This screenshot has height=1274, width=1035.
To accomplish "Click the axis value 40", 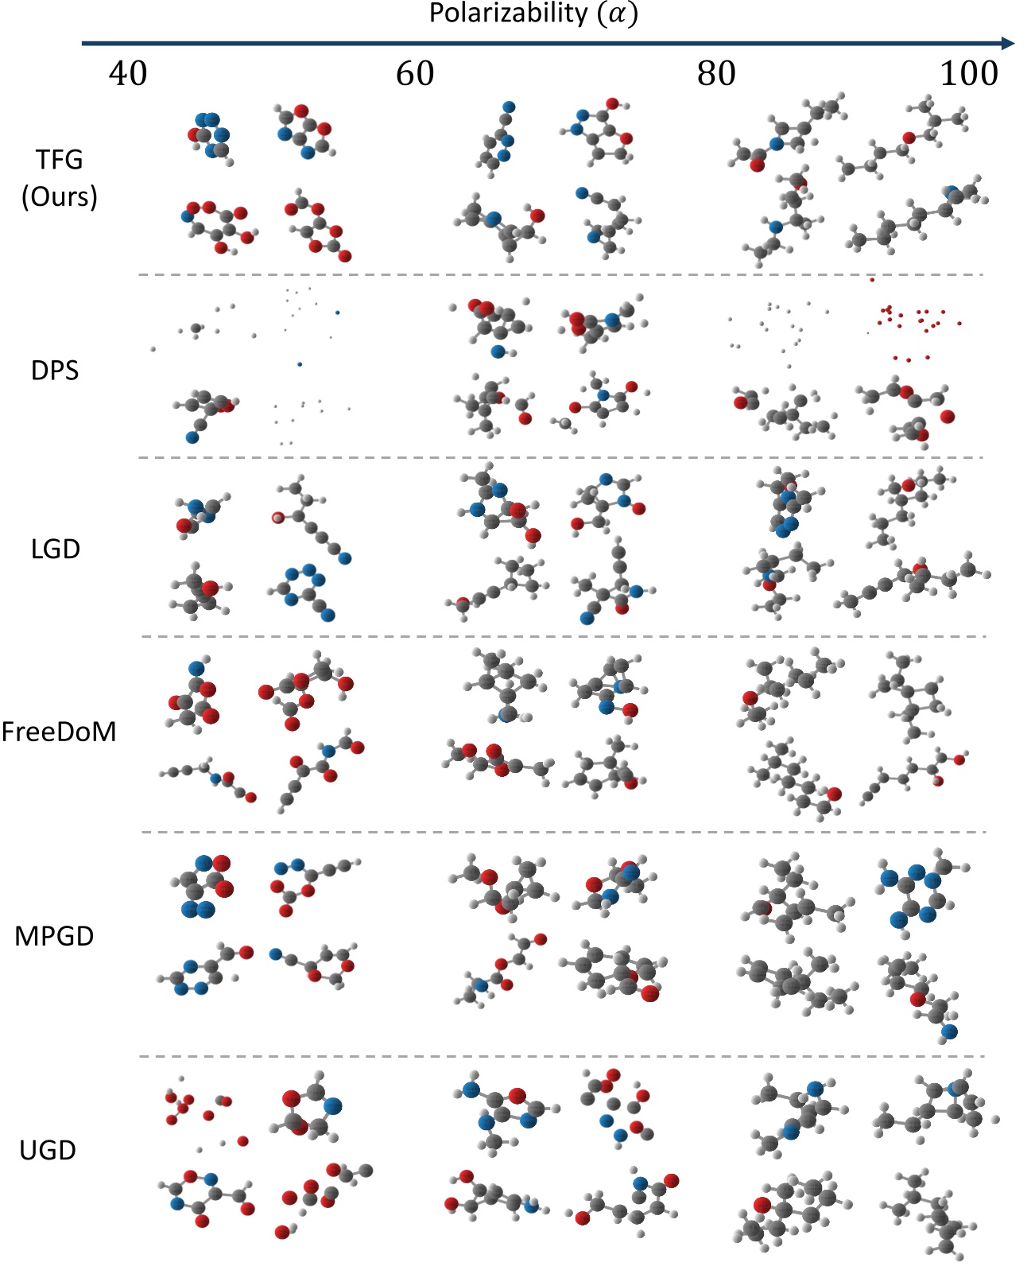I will [128, 74].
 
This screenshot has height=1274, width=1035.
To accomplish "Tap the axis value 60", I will [415, 74].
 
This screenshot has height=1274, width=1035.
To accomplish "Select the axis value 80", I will [716, 74].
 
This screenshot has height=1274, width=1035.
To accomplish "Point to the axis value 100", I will [969, 74].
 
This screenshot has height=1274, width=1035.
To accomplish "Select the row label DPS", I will [55, 371].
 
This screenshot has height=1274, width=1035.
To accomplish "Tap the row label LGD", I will [56, 549].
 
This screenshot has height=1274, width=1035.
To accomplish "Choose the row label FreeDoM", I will [59, 732].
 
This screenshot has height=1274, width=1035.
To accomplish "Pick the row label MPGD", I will [54, 936].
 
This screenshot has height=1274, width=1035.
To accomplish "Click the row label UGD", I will [48, 1150].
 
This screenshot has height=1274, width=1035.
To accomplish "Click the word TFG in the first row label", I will [59, 160].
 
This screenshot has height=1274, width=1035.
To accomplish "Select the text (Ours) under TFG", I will [59, 196].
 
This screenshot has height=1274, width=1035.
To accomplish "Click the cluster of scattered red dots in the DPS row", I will [914, 322].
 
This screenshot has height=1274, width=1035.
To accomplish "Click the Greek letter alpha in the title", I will [617, 14].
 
